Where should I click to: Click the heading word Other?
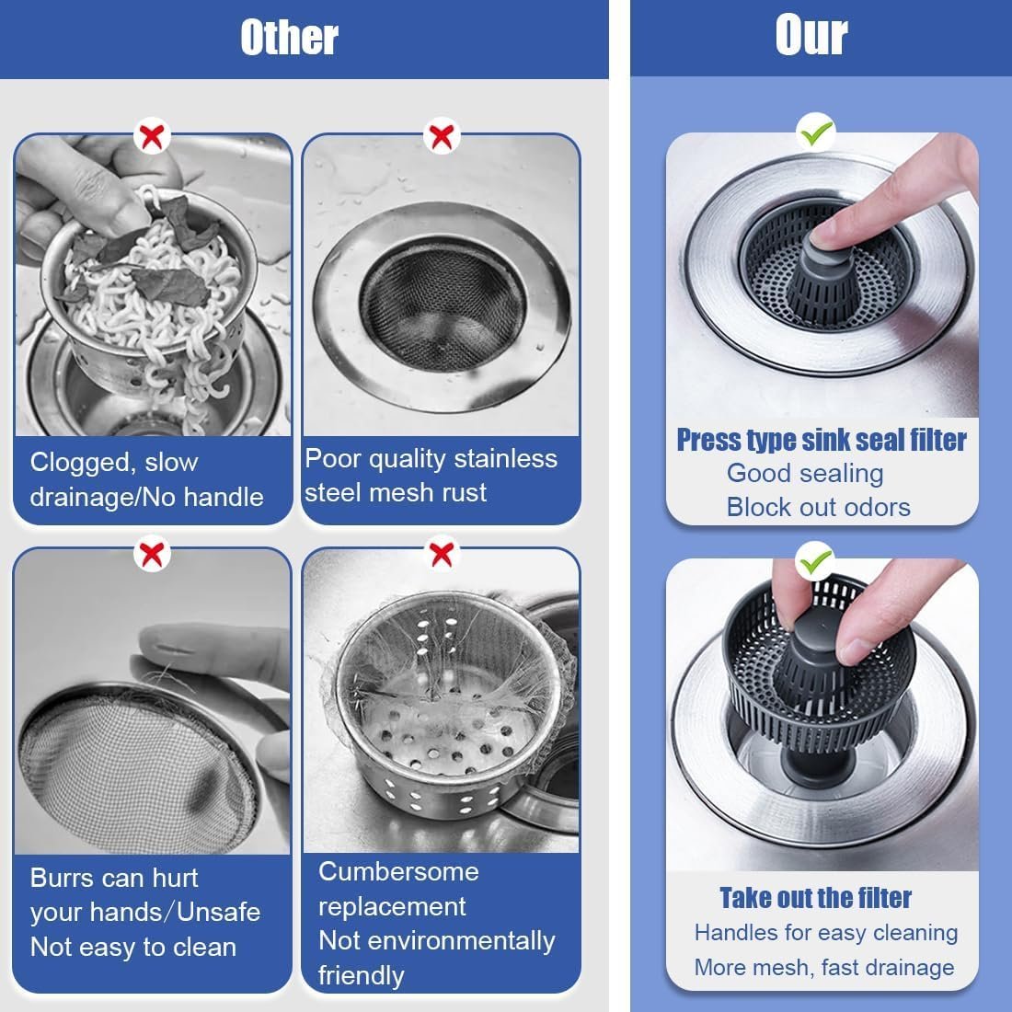289,38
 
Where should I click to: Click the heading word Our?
811,36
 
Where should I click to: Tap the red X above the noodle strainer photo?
153,137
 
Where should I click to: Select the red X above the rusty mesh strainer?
443,137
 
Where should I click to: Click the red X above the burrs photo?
153,554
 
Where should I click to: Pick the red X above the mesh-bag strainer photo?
443,554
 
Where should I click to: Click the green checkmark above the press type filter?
816,134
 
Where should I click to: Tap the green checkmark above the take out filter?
816,558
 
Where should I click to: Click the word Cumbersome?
398,871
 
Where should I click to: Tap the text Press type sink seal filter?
822,440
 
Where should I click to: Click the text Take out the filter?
815,897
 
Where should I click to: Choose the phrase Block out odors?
818,507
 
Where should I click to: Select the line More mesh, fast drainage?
823,967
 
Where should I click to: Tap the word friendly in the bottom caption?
361,975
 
